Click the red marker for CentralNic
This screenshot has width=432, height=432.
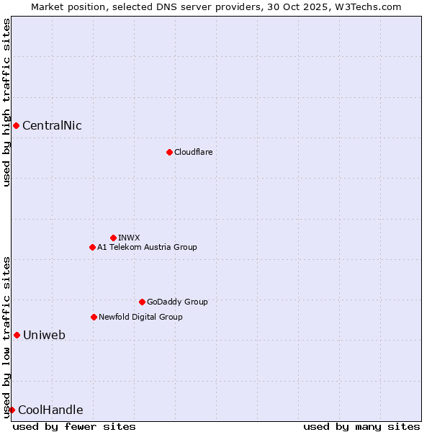(x=16, y=126)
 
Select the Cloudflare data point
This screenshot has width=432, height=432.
(x=169, y=152)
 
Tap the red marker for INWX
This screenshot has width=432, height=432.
(x=113, y=238)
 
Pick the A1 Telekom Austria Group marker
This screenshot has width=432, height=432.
(x=92, y=247)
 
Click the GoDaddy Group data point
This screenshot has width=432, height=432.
(x=142, y=302)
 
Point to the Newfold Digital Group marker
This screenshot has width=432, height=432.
(x=94, y=317)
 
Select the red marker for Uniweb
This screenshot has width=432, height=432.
(x=17, y=335)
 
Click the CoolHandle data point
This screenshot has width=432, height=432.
(x=12, y=410)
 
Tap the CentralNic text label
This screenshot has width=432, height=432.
(x=52, y=126)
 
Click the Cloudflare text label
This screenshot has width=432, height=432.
(x=193, y=152)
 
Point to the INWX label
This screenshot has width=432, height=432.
(x=129, y=238)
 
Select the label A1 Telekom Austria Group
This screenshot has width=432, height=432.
(x=147, y=247)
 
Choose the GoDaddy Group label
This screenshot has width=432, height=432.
(x=177, y=302)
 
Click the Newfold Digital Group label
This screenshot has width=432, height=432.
(x=140, y=317)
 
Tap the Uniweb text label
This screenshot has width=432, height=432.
(x=44, y=335)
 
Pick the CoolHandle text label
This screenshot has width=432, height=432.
(x=50, y=410)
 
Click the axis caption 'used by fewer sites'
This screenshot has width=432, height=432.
(x=74, y=426)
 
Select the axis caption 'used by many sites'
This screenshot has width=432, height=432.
(x=361, y=426)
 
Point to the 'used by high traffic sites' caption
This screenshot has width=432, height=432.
(x=6, y=102)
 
